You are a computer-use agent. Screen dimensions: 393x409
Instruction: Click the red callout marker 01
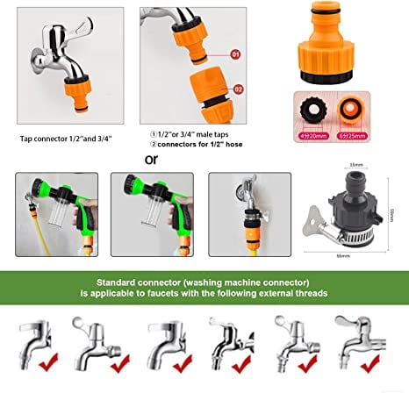click(235, 54)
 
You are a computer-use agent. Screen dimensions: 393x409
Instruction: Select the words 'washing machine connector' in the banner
click(235, 283)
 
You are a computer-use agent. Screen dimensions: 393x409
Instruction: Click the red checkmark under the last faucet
click(380, 359)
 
